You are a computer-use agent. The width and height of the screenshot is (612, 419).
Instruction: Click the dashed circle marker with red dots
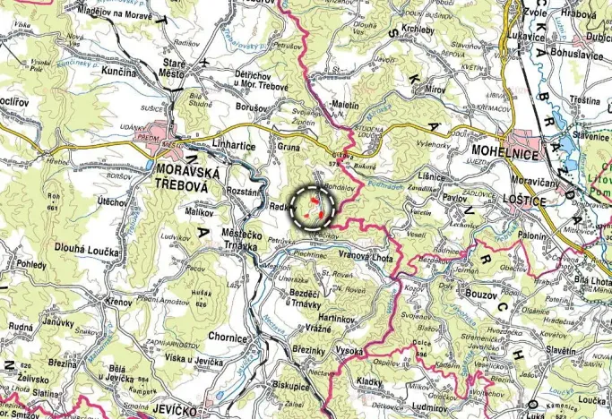click(312, 208)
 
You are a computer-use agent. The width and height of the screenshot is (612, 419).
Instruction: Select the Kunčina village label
click(119, 71)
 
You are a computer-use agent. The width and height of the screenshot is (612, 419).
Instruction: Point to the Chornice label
click(227, 338)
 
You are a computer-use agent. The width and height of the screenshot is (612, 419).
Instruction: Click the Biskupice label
click(290, 387)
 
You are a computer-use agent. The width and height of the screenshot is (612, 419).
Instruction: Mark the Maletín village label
click(344, 105)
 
